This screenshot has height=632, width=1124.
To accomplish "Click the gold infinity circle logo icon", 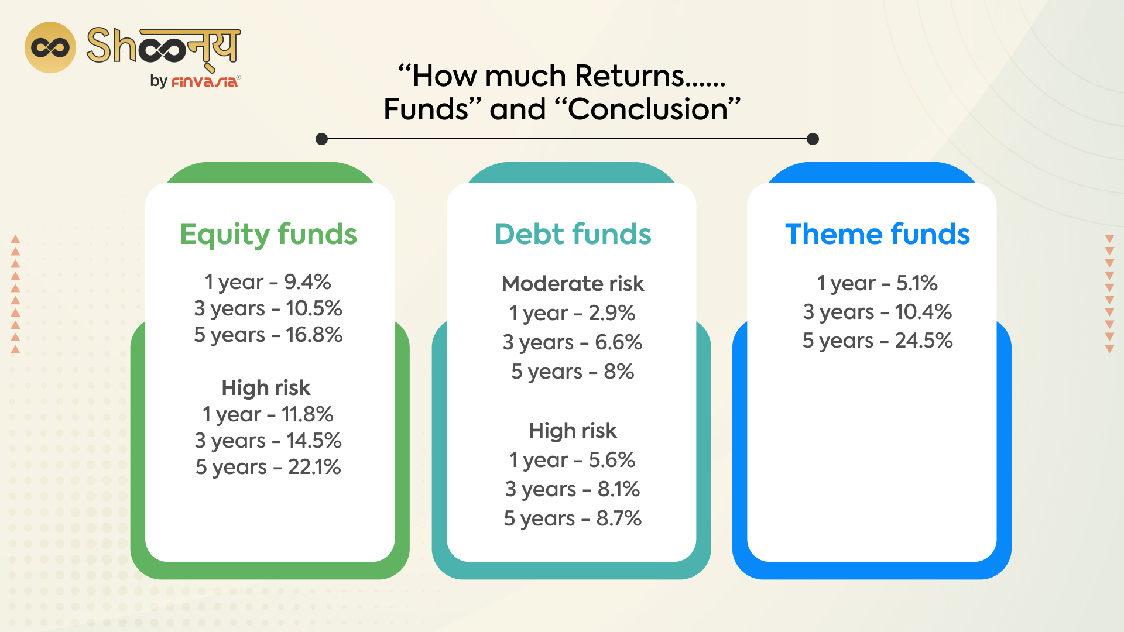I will pyautogui.click(x=50, y=47).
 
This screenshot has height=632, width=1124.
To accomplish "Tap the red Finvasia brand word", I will pyautogui.click(x=204, y=82).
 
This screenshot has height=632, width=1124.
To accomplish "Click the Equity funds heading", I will pyautogui.click(x=268, y=234).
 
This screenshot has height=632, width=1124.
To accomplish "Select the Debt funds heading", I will pyautogui.click(x=573, y=234).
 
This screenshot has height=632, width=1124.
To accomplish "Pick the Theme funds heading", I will pyautogui.click(x=877, y=234).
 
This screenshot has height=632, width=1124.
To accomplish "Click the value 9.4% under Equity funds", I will pyautogui.click(x=307, y=282).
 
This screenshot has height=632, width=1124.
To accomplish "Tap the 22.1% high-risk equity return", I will pyautogui.click(x=314, y=467).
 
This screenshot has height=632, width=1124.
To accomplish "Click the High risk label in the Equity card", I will pyautogui.click(x=266, y=387).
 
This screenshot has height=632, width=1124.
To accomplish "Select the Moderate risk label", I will pyautogui.click(x=573, y=284).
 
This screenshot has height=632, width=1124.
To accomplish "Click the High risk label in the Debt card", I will pyautogui.click(x=573, y=431).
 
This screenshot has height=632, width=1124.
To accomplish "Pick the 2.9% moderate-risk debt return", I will pyautogui.click(x=612, y=313).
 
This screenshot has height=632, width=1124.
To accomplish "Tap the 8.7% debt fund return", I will pyautogui.click(x=618, y=518).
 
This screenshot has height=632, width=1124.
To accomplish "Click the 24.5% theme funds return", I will pyautogui.click(x=923, y=341).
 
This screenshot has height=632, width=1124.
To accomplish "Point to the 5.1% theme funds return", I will pyautogui.click(x=917, y=283).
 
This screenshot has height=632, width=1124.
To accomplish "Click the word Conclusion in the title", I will pyautogui.click(x=647, y=109).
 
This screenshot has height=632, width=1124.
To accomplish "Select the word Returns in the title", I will pyautogui.click(x=629, y=76).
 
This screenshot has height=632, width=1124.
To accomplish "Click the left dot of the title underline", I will pyautogui.click(x=321, y=139).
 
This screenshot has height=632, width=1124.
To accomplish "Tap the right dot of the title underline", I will pyautogui.click(x=813, y=139).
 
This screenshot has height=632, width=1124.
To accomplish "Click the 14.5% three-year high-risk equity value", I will pyautogui.click(x=314, y=441).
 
